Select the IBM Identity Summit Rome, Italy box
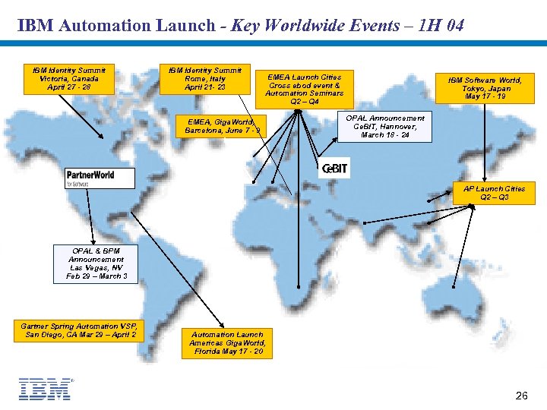205,79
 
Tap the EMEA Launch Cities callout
305,89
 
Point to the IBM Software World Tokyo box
490,88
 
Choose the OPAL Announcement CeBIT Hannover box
385,127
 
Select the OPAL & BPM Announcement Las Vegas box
96,263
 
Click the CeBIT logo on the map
334,169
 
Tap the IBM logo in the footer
45,389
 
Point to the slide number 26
521,396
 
